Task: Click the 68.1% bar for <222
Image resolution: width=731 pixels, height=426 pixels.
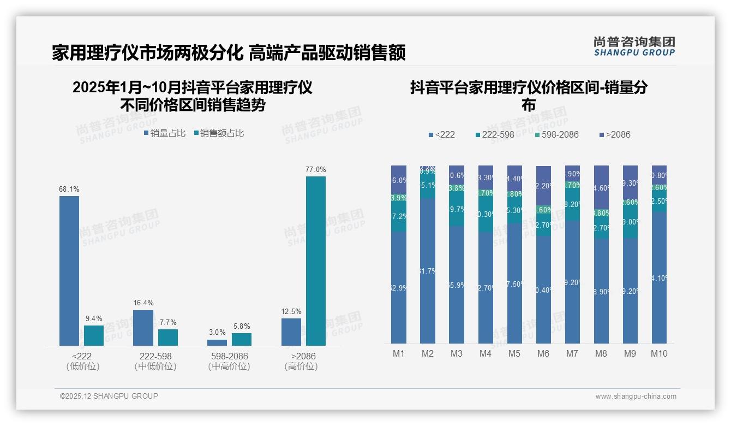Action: tap(69, 270)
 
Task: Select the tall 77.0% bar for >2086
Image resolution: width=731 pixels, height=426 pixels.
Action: tap(315, 261)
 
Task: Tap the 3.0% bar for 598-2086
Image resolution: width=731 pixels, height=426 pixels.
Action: tap(217, 342)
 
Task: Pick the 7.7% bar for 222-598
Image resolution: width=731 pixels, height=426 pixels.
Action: tap(168, 337)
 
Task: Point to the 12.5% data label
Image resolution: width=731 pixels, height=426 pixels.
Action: tap(291, 312)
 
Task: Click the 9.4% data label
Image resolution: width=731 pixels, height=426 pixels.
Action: tap(94, 318)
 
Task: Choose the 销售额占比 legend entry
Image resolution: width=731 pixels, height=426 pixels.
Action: tap(219, 133)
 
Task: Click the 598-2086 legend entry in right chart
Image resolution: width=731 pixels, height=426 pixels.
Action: tap(556, 134)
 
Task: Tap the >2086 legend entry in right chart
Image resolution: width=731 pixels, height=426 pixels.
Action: tap(615, 134)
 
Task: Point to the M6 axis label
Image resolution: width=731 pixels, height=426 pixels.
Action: tap(543, 353)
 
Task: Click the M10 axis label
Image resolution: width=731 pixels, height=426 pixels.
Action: tap(659, 353)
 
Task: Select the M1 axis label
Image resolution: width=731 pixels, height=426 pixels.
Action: tap(399, 353)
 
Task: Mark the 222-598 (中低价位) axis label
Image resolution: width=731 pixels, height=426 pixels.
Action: tap(155, 361)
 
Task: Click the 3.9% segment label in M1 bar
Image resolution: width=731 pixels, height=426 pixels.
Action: tap(399, 198)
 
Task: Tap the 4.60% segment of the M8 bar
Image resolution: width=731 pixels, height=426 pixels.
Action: tap(601, 188)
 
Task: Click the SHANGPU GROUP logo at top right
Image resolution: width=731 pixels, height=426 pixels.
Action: tap(634, 46)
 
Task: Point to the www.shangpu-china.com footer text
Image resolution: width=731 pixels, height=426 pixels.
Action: tap(636, 397)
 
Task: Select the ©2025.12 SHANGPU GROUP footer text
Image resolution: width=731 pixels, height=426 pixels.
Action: tap(109, 396)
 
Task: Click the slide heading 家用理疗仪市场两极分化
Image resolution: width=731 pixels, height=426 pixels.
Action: tap(147, 53)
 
